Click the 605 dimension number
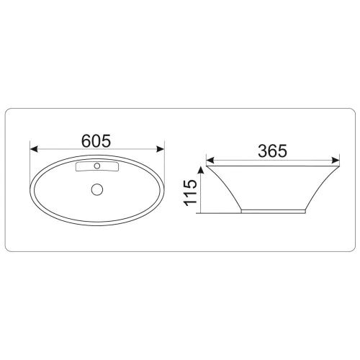tap(96, 141)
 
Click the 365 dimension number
tap(273, 151)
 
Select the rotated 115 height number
tap(190, 193)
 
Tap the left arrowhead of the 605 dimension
tap(34, 149)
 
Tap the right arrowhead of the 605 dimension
tap(160, 149)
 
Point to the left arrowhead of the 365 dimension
tap(210, 160)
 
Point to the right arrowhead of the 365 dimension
tap(336, 160)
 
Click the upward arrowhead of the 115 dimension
tap(201, 170)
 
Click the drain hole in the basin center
tap(97, 189)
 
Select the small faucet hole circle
tap(97, 166)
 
